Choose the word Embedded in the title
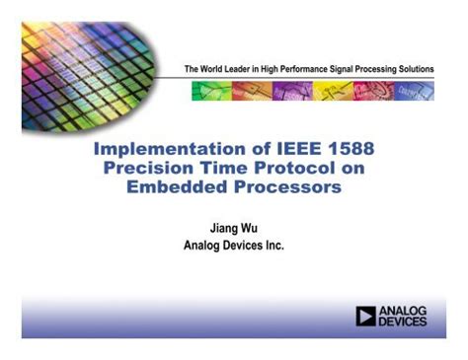(x=174, y=187)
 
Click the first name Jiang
(x=218, y=226)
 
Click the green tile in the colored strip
(x=208, y=92)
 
